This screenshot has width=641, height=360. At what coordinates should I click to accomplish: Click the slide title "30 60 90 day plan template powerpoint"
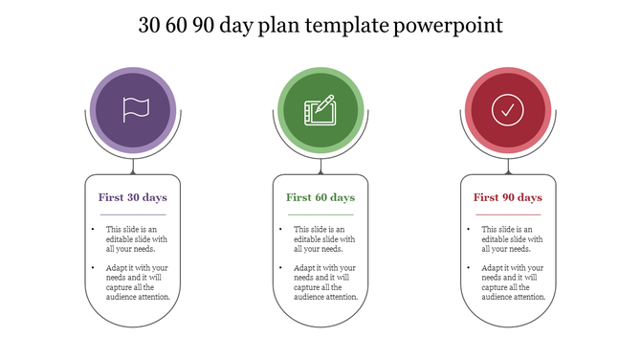point(320,25)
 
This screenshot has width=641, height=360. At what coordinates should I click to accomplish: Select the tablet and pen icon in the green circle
point(320,110)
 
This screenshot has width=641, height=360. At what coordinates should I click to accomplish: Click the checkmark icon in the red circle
point(508,110)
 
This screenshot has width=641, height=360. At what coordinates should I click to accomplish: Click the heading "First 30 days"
point(133,197)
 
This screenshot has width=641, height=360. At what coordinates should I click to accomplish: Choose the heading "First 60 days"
point(320,197)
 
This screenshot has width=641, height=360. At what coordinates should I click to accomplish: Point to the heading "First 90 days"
point(508,197)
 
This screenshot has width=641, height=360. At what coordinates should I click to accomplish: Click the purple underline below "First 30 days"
point(133,214)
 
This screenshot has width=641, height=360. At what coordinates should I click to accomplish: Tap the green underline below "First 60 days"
point(320,214)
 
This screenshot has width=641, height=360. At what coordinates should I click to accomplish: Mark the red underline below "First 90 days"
point(508,214)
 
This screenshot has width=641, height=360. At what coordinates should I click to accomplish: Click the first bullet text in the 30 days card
point(137,238)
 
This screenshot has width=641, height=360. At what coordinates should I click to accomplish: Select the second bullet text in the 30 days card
point(138,282)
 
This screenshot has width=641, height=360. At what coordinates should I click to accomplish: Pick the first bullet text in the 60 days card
point(324,238)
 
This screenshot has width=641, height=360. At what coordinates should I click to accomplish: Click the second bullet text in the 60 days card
point(325,282)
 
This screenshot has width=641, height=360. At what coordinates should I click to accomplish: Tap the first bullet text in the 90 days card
point(512,238)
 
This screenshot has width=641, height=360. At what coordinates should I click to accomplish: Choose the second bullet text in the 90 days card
point(513,282)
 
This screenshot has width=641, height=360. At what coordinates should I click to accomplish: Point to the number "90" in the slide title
point(201,25)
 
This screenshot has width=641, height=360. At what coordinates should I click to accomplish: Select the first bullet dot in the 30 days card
point(93,230)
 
